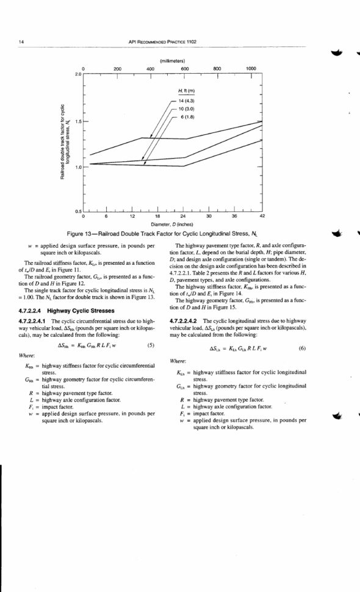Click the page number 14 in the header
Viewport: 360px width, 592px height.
tap(21, 42)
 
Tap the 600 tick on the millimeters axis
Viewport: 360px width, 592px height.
tap(184, 69)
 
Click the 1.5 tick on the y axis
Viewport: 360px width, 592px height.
tap(77, 120)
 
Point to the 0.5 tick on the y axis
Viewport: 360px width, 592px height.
tap(77, 212)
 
